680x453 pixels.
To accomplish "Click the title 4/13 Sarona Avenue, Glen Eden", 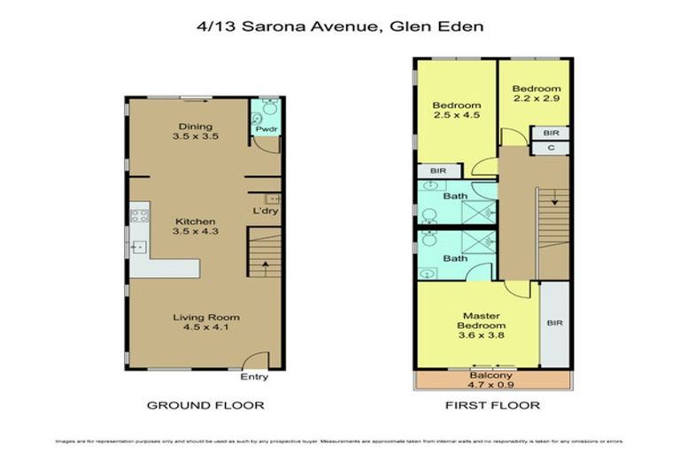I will (x=340, y=27).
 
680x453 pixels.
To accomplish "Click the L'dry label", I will (x=266, y=211).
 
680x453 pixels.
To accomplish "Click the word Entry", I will (x=254, y=377).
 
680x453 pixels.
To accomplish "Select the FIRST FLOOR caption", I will (x=491, y=405).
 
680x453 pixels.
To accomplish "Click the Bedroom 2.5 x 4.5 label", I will (x=456, y=110).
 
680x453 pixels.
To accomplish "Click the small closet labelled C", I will (x=551, y=149).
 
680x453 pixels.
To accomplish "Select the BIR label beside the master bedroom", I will (x=555, y=324).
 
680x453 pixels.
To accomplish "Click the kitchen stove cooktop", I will (x=139, y=215).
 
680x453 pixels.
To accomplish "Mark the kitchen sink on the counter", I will (x=139, y=248).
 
